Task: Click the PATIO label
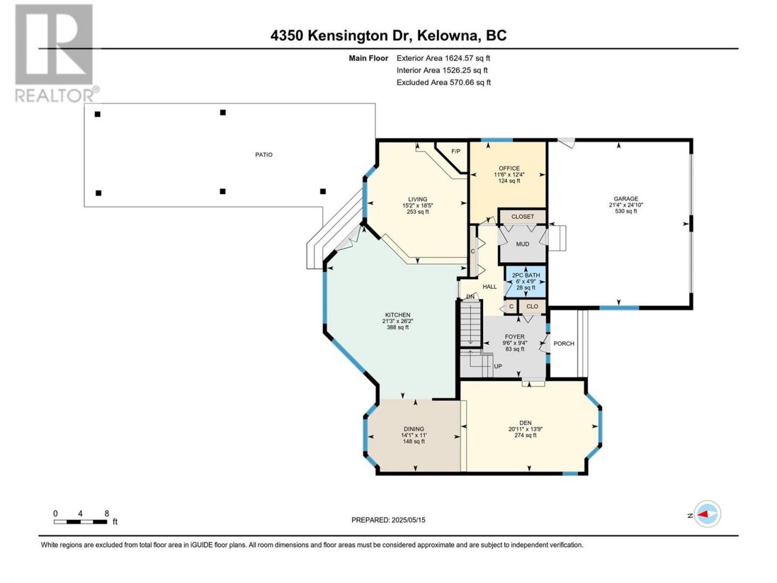(x=263, y=155)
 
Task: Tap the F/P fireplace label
(x=456, y=151)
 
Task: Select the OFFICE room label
(x=509, y=168)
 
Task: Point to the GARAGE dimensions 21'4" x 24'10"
(x=626, y=205)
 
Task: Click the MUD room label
(x=523, y=244)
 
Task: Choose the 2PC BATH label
(x=526, y=275)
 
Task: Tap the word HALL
(x=489, y=287)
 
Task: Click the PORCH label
(x=564, y=343)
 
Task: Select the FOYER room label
(x=515, y=336)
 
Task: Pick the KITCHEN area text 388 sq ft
(x=398, y=327)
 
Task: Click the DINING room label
(x=413, y=429)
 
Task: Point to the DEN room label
(x=525, y=423)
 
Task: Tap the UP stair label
(x=498, y=366)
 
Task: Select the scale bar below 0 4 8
(x=80, y=522)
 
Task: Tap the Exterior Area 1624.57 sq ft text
(x=443, y=58)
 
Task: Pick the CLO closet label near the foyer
(x=532, y=307)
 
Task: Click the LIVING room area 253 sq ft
(x=418, y=212)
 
